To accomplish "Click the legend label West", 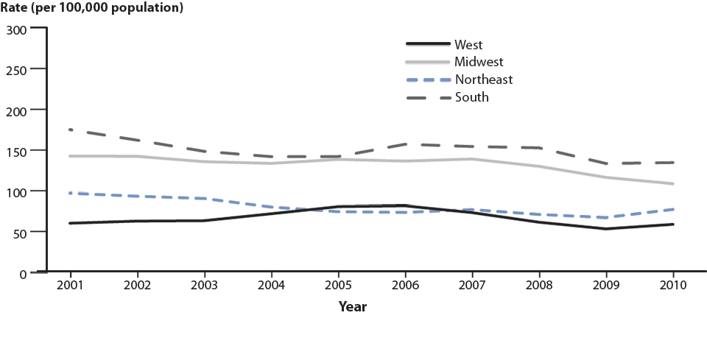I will pyautogui.click(x=468, y=45).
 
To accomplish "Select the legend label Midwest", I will pyautogui.click(x=479, y=62).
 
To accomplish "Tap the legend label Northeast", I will pyautogui.click(x=483, y=80).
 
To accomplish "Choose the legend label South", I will pyautogui.click(x=471, y=96).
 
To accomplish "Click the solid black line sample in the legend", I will pyautogui.click(x=428, y=45).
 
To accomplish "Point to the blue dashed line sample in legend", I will pyautogui.click(x=428, y=80).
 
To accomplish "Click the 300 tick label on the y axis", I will pyautogui.click(x=17, y=29).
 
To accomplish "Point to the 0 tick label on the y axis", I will pyautogui.click(x=23, y=273).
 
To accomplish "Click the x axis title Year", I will pyautogui.click(x=353, y=306).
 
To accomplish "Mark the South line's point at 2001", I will pyautogui.click(x=70, y=130).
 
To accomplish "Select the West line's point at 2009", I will pyautogui.click(x=606, y=229).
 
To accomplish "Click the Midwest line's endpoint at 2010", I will pyautogui.click(x=673, y=184).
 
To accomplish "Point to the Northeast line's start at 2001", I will pyautogui.click(x=70, y=193).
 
